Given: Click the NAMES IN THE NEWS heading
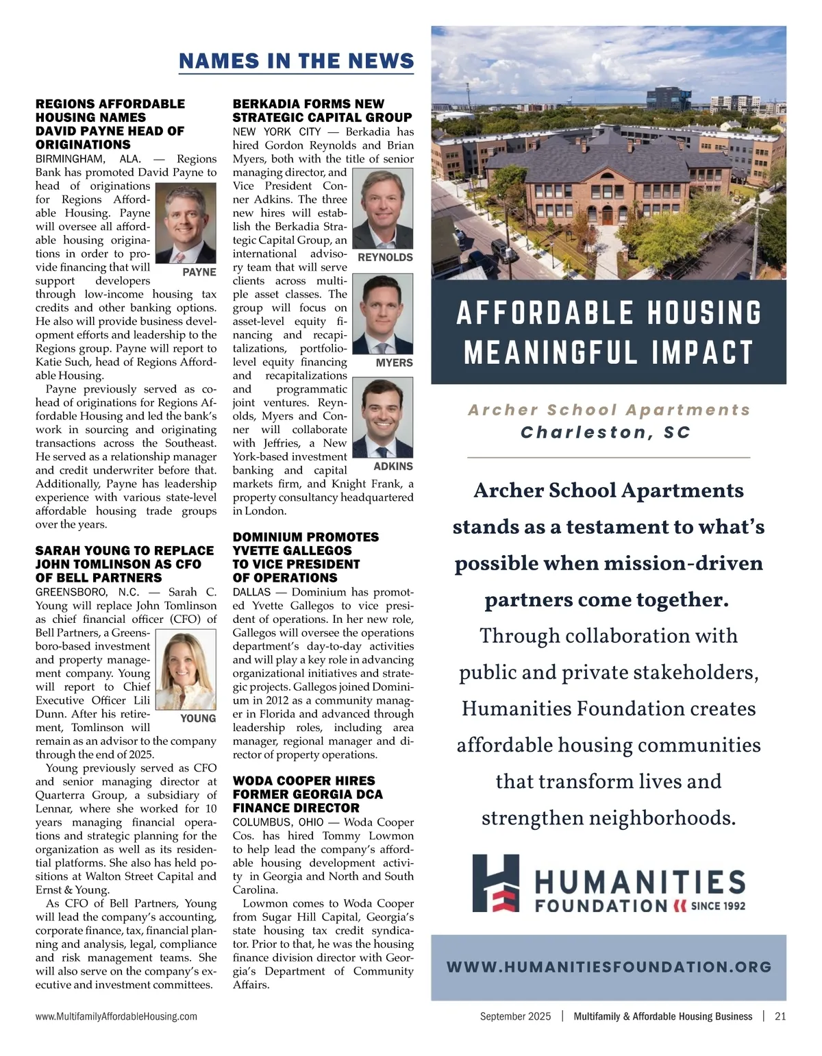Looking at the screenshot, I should coord(296,61).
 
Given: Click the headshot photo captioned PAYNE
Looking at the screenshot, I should coord(186,223).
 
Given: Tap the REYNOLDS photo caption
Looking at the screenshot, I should coord(385,258).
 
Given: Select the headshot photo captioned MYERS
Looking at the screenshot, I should coord(386,314).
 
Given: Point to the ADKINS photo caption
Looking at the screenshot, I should coord(393,467).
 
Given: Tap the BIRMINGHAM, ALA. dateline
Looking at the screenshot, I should coord(88,159).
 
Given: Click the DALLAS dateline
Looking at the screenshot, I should coord(251,592).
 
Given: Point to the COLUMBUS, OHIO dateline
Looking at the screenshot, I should coord(278,822).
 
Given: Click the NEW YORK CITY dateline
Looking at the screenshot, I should coord(277,132).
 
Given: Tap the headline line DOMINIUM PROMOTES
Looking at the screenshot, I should coord(306,537).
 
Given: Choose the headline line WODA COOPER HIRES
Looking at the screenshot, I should coord(303,781).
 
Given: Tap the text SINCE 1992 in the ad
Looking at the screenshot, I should coord(717,906).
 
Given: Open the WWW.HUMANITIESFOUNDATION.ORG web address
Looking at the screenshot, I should coord(608,967).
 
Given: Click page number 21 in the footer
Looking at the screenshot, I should coord(780,1017).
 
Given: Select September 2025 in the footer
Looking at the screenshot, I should coord(515,1017).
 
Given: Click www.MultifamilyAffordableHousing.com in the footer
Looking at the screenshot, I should coord(116,1017).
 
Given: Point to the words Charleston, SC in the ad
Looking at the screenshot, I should coord(606,433).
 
